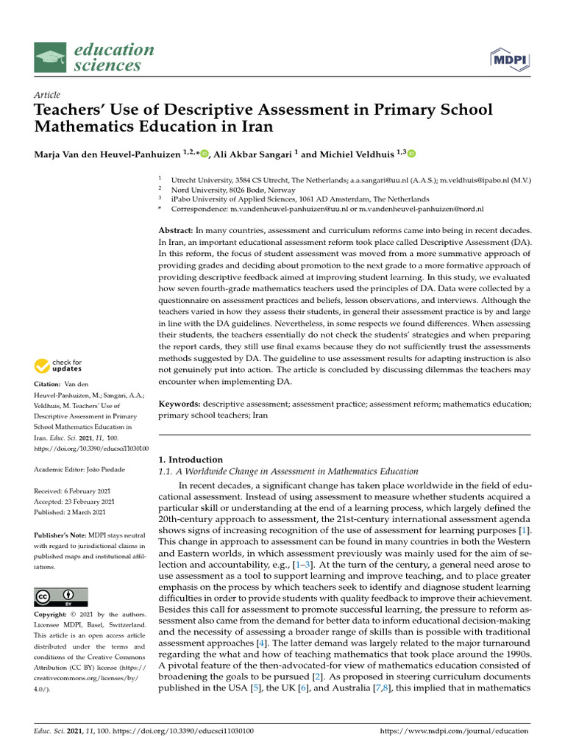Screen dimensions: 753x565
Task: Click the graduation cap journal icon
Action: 51,58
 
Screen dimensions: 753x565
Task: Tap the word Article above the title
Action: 47,95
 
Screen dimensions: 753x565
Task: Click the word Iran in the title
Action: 256,126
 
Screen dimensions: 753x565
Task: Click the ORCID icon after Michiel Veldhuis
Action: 411,154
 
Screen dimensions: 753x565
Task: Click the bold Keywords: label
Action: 180,404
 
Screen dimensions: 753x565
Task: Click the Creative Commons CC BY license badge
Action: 61,596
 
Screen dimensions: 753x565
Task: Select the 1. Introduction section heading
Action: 191,460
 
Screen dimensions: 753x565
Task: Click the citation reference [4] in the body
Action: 260,643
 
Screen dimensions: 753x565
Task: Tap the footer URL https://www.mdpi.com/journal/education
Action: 454,731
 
